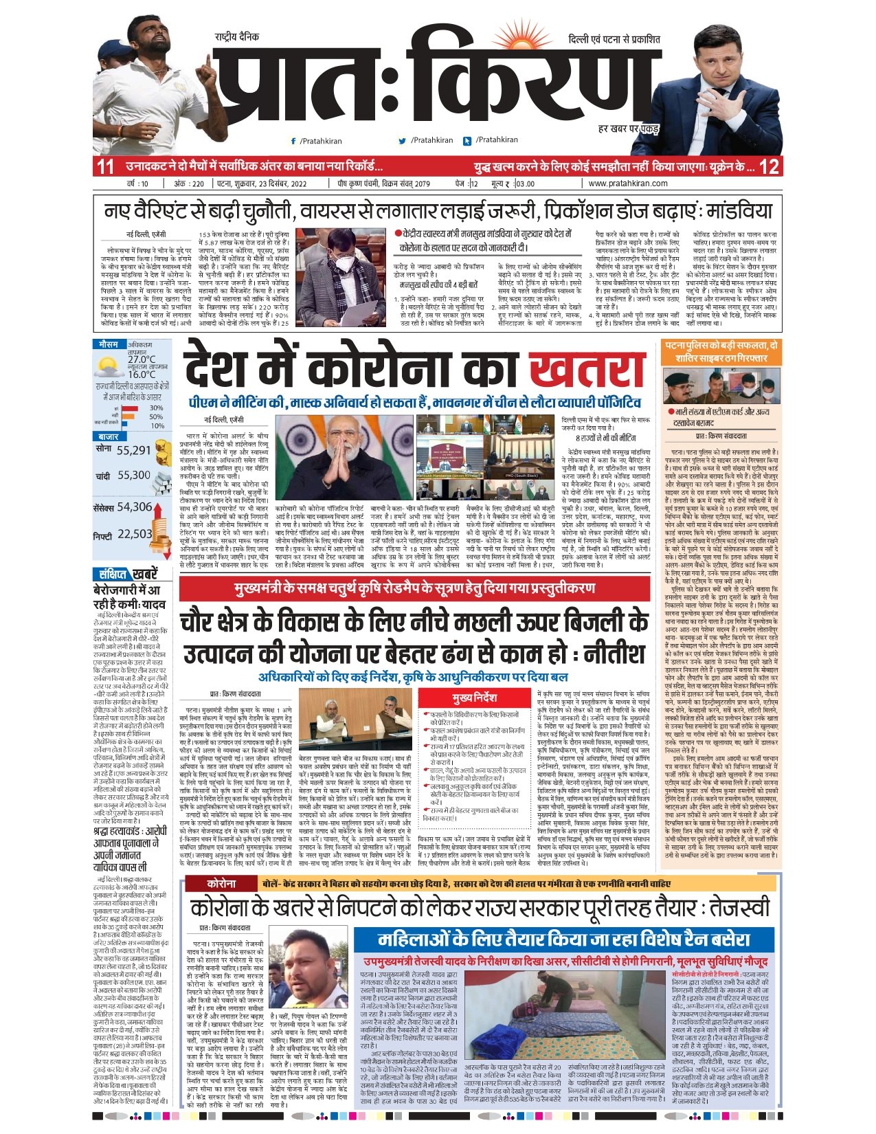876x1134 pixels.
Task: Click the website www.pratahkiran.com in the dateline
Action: click(628, 184)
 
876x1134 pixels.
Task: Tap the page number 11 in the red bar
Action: click(104, 167)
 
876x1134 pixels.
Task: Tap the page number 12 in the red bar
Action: click(770, 167)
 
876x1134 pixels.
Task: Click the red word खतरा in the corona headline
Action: click(588, 371)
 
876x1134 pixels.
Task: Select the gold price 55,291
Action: click(133, 451)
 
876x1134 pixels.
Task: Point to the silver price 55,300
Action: click(133, 476)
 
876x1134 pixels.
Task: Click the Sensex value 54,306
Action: click(135, 507)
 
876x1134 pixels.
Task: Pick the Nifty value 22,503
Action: click(135, 534)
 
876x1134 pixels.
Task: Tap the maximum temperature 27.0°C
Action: click(142, 359)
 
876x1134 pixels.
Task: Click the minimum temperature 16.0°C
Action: click(142, 375)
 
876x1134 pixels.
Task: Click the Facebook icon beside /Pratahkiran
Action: click(293, 141)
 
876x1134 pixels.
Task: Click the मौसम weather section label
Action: click(108, 344)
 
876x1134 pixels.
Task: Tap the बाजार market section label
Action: click(109, 436)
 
